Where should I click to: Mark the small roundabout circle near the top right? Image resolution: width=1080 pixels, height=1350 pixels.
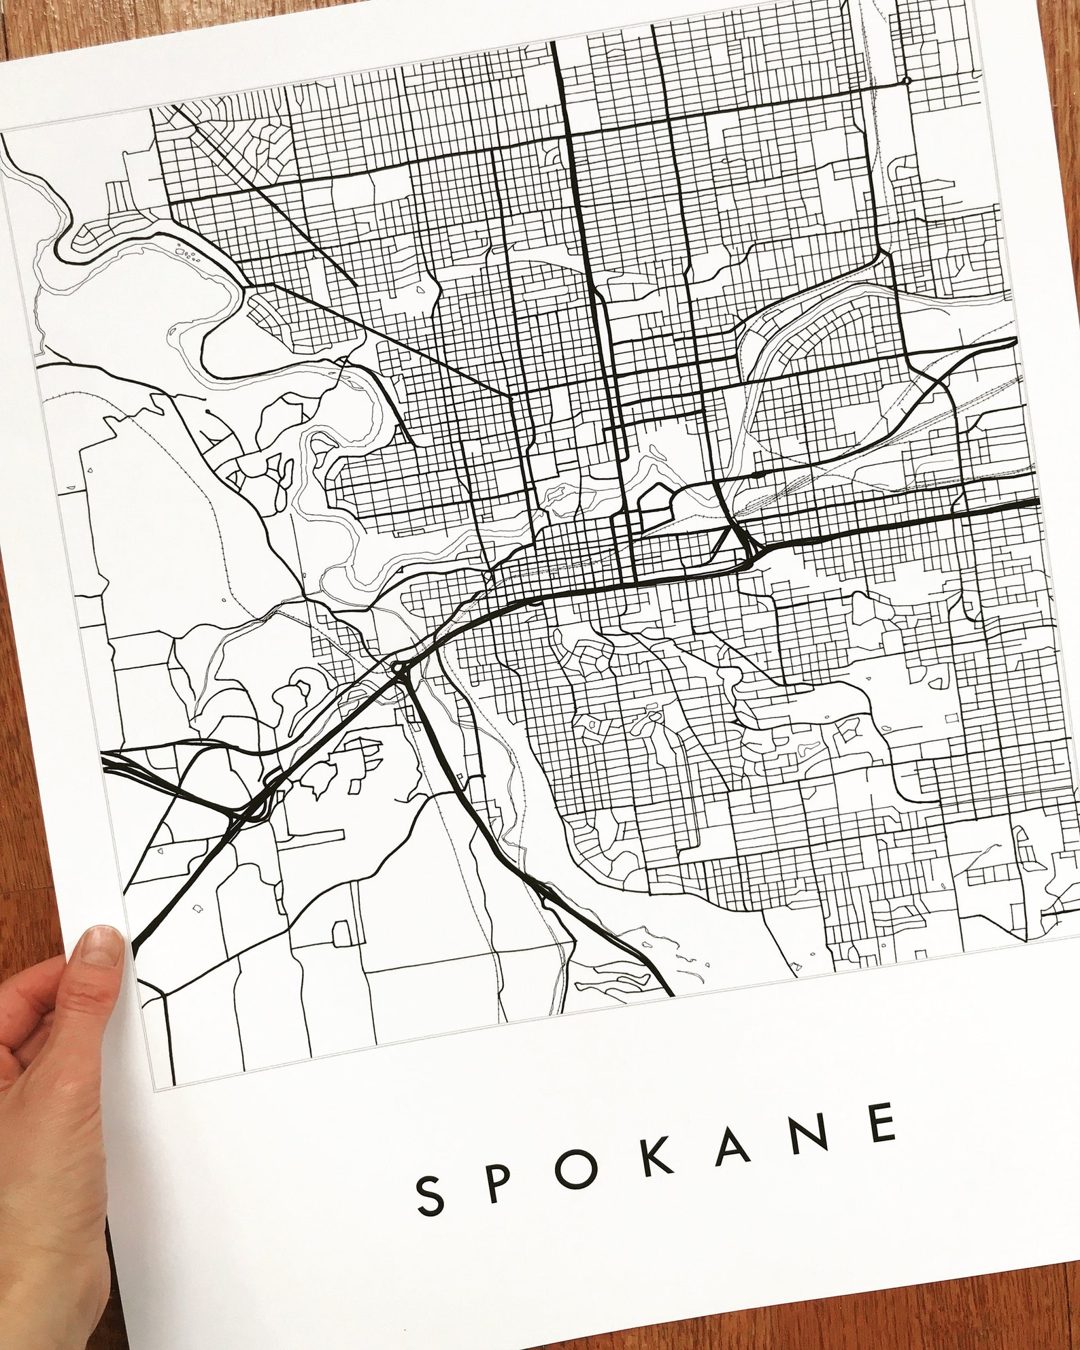pos(907,81)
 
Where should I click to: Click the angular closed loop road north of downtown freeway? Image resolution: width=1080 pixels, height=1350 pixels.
pos(654,499)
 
